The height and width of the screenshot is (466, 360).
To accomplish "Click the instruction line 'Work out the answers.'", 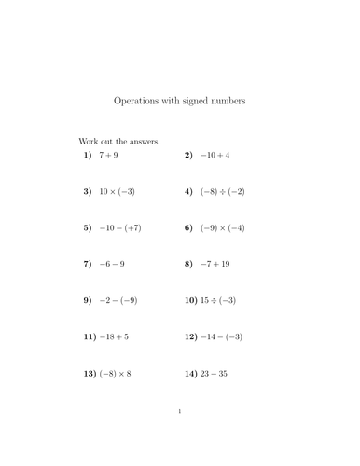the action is (118, 142).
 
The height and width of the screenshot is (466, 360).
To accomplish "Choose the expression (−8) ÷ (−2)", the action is (222, 191).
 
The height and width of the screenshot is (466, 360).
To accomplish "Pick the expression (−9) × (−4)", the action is (222, 227).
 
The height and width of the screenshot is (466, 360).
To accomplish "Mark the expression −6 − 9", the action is (112, 264).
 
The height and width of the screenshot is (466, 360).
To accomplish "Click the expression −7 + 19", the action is (216, 264).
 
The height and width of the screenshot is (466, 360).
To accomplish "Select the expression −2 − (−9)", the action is (118, 300).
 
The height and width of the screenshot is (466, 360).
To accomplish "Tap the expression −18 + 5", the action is (114, 336).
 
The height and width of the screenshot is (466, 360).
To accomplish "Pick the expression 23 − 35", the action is (214, 373).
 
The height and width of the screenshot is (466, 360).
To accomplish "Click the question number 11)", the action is (90, 336).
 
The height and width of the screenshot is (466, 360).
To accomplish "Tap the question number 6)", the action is (188, 227).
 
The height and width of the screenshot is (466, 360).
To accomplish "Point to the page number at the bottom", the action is (180, 436).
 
